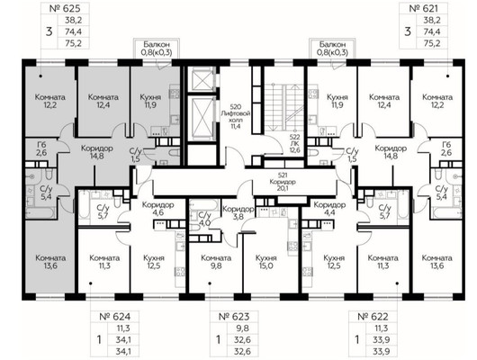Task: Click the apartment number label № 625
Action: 65,8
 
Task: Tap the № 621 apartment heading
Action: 424,8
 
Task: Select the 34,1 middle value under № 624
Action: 123,339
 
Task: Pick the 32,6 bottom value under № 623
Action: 242,351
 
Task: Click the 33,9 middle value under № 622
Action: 381,339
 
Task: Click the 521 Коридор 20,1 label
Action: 283,182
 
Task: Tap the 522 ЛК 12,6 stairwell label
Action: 295,143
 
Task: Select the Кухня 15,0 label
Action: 266,262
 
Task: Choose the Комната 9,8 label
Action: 216,262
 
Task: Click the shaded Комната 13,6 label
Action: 50,262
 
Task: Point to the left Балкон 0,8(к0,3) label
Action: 157,49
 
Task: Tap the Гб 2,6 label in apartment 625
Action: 41,148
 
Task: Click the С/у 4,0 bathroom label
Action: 204,219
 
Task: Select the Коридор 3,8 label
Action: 238,213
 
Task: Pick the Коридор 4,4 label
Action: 329,209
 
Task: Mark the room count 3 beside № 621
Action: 408,31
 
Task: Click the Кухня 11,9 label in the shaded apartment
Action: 150,102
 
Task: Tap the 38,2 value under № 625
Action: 73,20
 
